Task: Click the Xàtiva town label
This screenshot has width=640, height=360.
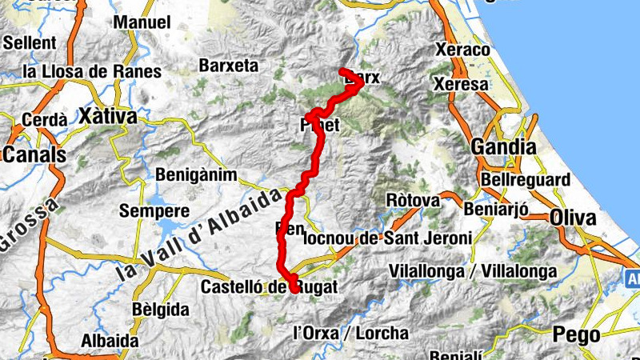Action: [x=108, y=117]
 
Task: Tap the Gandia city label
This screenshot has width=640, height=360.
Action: [x=504, y=147]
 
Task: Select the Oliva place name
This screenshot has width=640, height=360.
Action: [x=573, y=218]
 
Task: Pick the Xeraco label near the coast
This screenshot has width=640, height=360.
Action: [x=462, y=50]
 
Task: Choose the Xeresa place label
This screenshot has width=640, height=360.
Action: [x=461, y=83]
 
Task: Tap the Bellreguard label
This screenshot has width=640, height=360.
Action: [x=526, y=180]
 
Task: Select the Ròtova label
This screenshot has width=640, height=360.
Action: [x=413, y=200]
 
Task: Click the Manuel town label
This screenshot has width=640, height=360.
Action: [x=142, y=22]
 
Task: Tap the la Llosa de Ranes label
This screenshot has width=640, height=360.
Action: [x=92, y=71]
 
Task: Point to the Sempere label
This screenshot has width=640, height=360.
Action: [x=154, y=212]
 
